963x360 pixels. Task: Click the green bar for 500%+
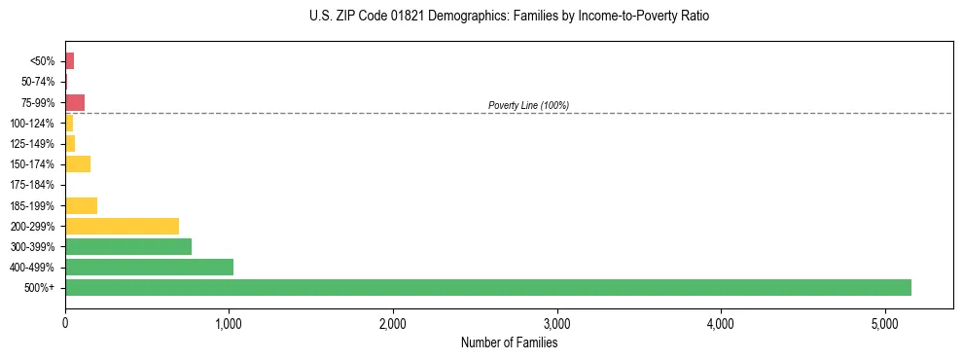[487, 287]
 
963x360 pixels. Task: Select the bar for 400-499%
[149, 267]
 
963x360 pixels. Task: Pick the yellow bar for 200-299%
[122, 226]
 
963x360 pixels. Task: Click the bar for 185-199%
[81, 205]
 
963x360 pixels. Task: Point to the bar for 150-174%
[78, 163]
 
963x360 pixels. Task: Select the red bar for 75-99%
[75, 102]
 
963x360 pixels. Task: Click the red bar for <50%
[69, 61]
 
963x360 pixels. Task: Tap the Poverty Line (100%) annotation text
[528, 105]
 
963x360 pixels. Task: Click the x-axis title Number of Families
[509, 342]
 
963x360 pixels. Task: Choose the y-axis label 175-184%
[32, 185]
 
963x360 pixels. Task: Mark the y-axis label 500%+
[41, 288]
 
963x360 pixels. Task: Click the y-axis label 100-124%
[32, 124]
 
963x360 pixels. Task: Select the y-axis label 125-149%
[32, 144]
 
